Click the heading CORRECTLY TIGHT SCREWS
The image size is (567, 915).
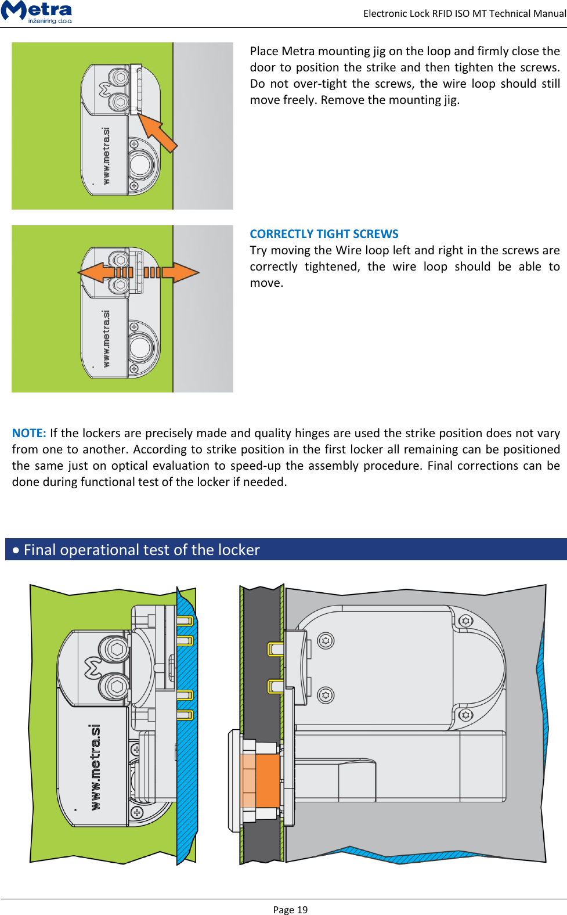(x=324, y=234)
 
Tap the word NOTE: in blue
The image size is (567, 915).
(x=29, y=433)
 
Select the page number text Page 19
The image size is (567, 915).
(x=290, y=909)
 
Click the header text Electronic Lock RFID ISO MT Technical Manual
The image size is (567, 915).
(x=464, y=13)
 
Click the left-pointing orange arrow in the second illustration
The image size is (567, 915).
(x=104, y=272)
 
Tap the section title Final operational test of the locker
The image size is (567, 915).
(x=142, y=550)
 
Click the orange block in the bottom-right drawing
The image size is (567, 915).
(x=267, y=780)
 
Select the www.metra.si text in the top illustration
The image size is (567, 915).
(x=106, y=156)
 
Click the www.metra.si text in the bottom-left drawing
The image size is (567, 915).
(x=95, y=766)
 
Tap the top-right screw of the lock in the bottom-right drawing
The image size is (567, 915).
(x=465, y=621)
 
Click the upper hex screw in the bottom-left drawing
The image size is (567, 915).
(x=117, y=649)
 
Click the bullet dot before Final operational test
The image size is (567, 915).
(x=16, y=550)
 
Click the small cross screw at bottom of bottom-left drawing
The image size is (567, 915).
(x=137, y=812)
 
